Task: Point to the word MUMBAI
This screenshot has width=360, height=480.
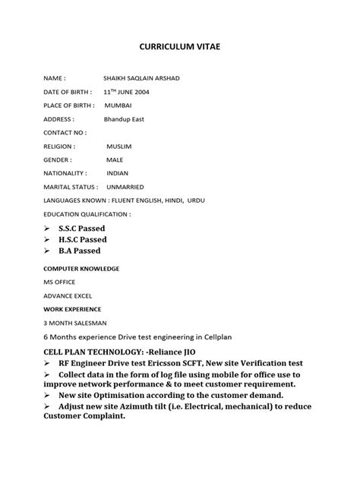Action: pos(118,105)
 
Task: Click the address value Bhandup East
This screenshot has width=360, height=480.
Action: pos(124,119)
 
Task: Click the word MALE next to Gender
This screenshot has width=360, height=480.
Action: pos(115,159)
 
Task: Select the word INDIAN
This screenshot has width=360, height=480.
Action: pos(118,173)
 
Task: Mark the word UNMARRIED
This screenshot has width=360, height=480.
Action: pos(126,187)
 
